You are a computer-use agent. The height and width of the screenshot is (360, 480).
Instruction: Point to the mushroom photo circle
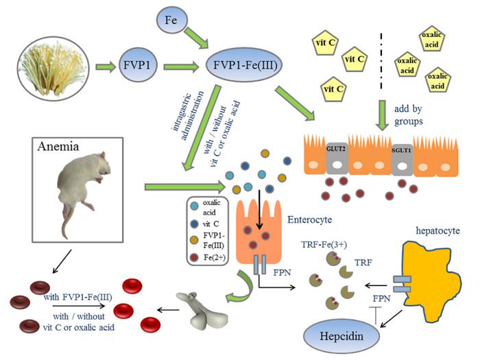[51, 67]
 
